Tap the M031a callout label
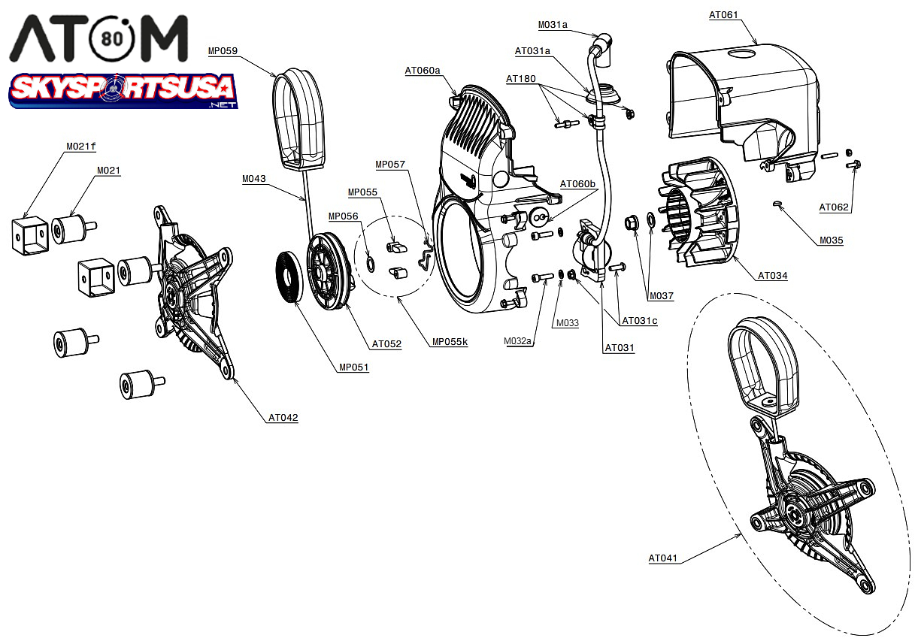(553, 25)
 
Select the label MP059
(223, 51)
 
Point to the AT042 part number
(283, 418)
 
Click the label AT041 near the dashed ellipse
(663, 558)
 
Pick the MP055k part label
(450, 342)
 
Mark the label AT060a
(422, 71)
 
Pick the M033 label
(567, 323)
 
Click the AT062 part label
(834, 207)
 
